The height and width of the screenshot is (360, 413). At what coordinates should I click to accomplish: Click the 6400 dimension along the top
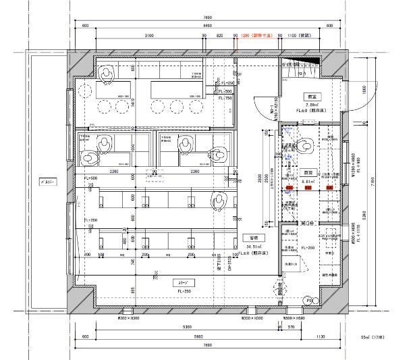206,25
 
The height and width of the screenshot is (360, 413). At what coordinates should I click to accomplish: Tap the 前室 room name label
311,96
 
